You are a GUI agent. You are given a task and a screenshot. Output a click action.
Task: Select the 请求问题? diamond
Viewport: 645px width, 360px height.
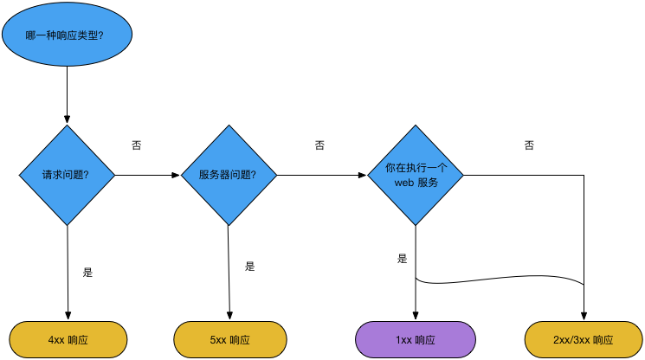(x=67, y=175)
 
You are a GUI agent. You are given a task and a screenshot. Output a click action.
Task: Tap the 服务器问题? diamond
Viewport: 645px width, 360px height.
(x=229, y=175)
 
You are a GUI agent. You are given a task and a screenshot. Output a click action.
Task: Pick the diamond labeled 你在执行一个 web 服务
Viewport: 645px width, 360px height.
(x=416, y=176)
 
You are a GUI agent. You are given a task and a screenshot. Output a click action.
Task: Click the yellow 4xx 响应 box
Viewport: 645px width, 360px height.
(x=68, y=340)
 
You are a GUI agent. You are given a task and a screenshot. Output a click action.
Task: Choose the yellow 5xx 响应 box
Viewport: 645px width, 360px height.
(x=230, y=340)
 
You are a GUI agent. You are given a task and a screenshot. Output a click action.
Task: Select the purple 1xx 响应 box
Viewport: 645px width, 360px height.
(x=416, y=340)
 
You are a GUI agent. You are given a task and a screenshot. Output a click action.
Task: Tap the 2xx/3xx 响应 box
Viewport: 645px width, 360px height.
(x=584, y=340)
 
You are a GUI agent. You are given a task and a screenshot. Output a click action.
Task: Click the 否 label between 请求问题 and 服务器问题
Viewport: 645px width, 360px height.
(x=136, y=145)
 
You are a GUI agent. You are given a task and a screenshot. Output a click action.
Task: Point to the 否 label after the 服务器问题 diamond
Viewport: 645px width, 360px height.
(x=319, y=145)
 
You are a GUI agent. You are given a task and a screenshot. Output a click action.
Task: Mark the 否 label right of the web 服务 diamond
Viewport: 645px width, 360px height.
(x=529, y=145)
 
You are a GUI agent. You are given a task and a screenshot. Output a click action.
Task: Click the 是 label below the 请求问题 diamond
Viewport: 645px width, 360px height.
(x=87, y=272)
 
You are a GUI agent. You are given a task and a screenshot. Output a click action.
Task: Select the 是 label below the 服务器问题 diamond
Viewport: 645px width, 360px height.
(x=250, y=266)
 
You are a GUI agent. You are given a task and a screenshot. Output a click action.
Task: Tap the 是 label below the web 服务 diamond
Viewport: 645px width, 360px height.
(x=402, y=258)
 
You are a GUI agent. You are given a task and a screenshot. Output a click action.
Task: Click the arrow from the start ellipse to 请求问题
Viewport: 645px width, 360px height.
(x=67, y=95)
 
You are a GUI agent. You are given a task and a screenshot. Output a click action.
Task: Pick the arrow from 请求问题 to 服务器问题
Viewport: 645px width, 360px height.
(x=147, y=175)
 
